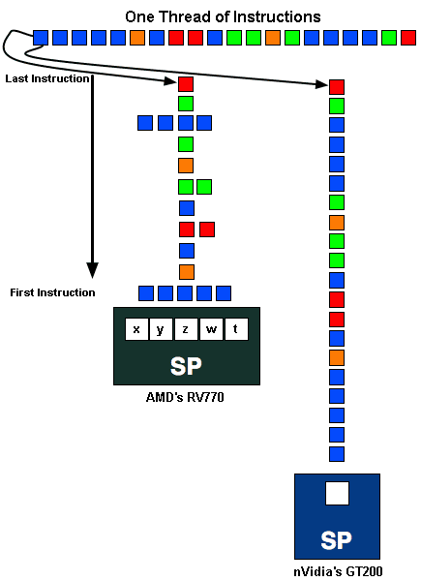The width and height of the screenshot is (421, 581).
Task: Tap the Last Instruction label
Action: click(47, 78)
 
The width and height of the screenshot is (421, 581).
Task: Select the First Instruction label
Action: click(52, 292)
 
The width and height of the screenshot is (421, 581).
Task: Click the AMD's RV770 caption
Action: click(185, 397)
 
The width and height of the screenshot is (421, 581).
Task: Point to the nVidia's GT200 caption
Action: click(338, 571)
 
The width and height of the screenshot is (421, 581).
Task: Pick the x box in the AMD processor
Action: click(136, 329)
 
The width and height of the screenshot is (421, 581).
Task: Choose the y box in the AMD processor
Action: click(161, 329)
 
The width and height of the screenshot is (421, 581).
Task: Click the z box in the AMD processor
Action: click(186, 329)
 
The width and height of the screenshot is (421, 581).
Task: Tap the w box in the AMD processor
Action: click(211, 329)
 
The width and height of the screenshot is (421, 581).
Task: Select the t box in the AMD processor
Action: click(236, 329)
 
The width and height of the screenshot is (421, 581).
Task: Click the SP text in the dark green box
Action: click(186, 366)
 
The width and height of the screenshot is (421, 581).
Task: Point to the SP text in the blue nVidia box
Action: click(336, 540)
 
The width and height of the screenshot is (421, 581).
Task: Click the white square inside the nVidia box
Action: click(338, 493)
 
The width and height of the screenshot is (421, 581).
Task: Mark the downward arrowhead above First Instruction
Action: click(92, 270)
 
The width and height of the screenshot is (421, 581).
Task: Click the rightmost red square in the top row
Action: click(408, 38)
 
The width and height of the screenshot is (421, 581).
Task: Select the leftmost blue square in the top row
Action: click(41, 38)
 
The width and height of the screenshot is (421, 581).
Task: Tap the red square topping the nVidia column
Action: click(337, 87)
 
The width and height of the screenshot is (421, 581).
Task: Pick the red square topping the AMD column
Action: click(186, 84)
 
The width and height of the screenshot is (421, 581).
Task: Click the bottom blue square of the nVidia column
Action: click(337, 454)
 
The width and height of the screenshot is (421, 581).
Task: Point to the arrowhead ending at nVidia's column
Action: click(321, 84)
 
